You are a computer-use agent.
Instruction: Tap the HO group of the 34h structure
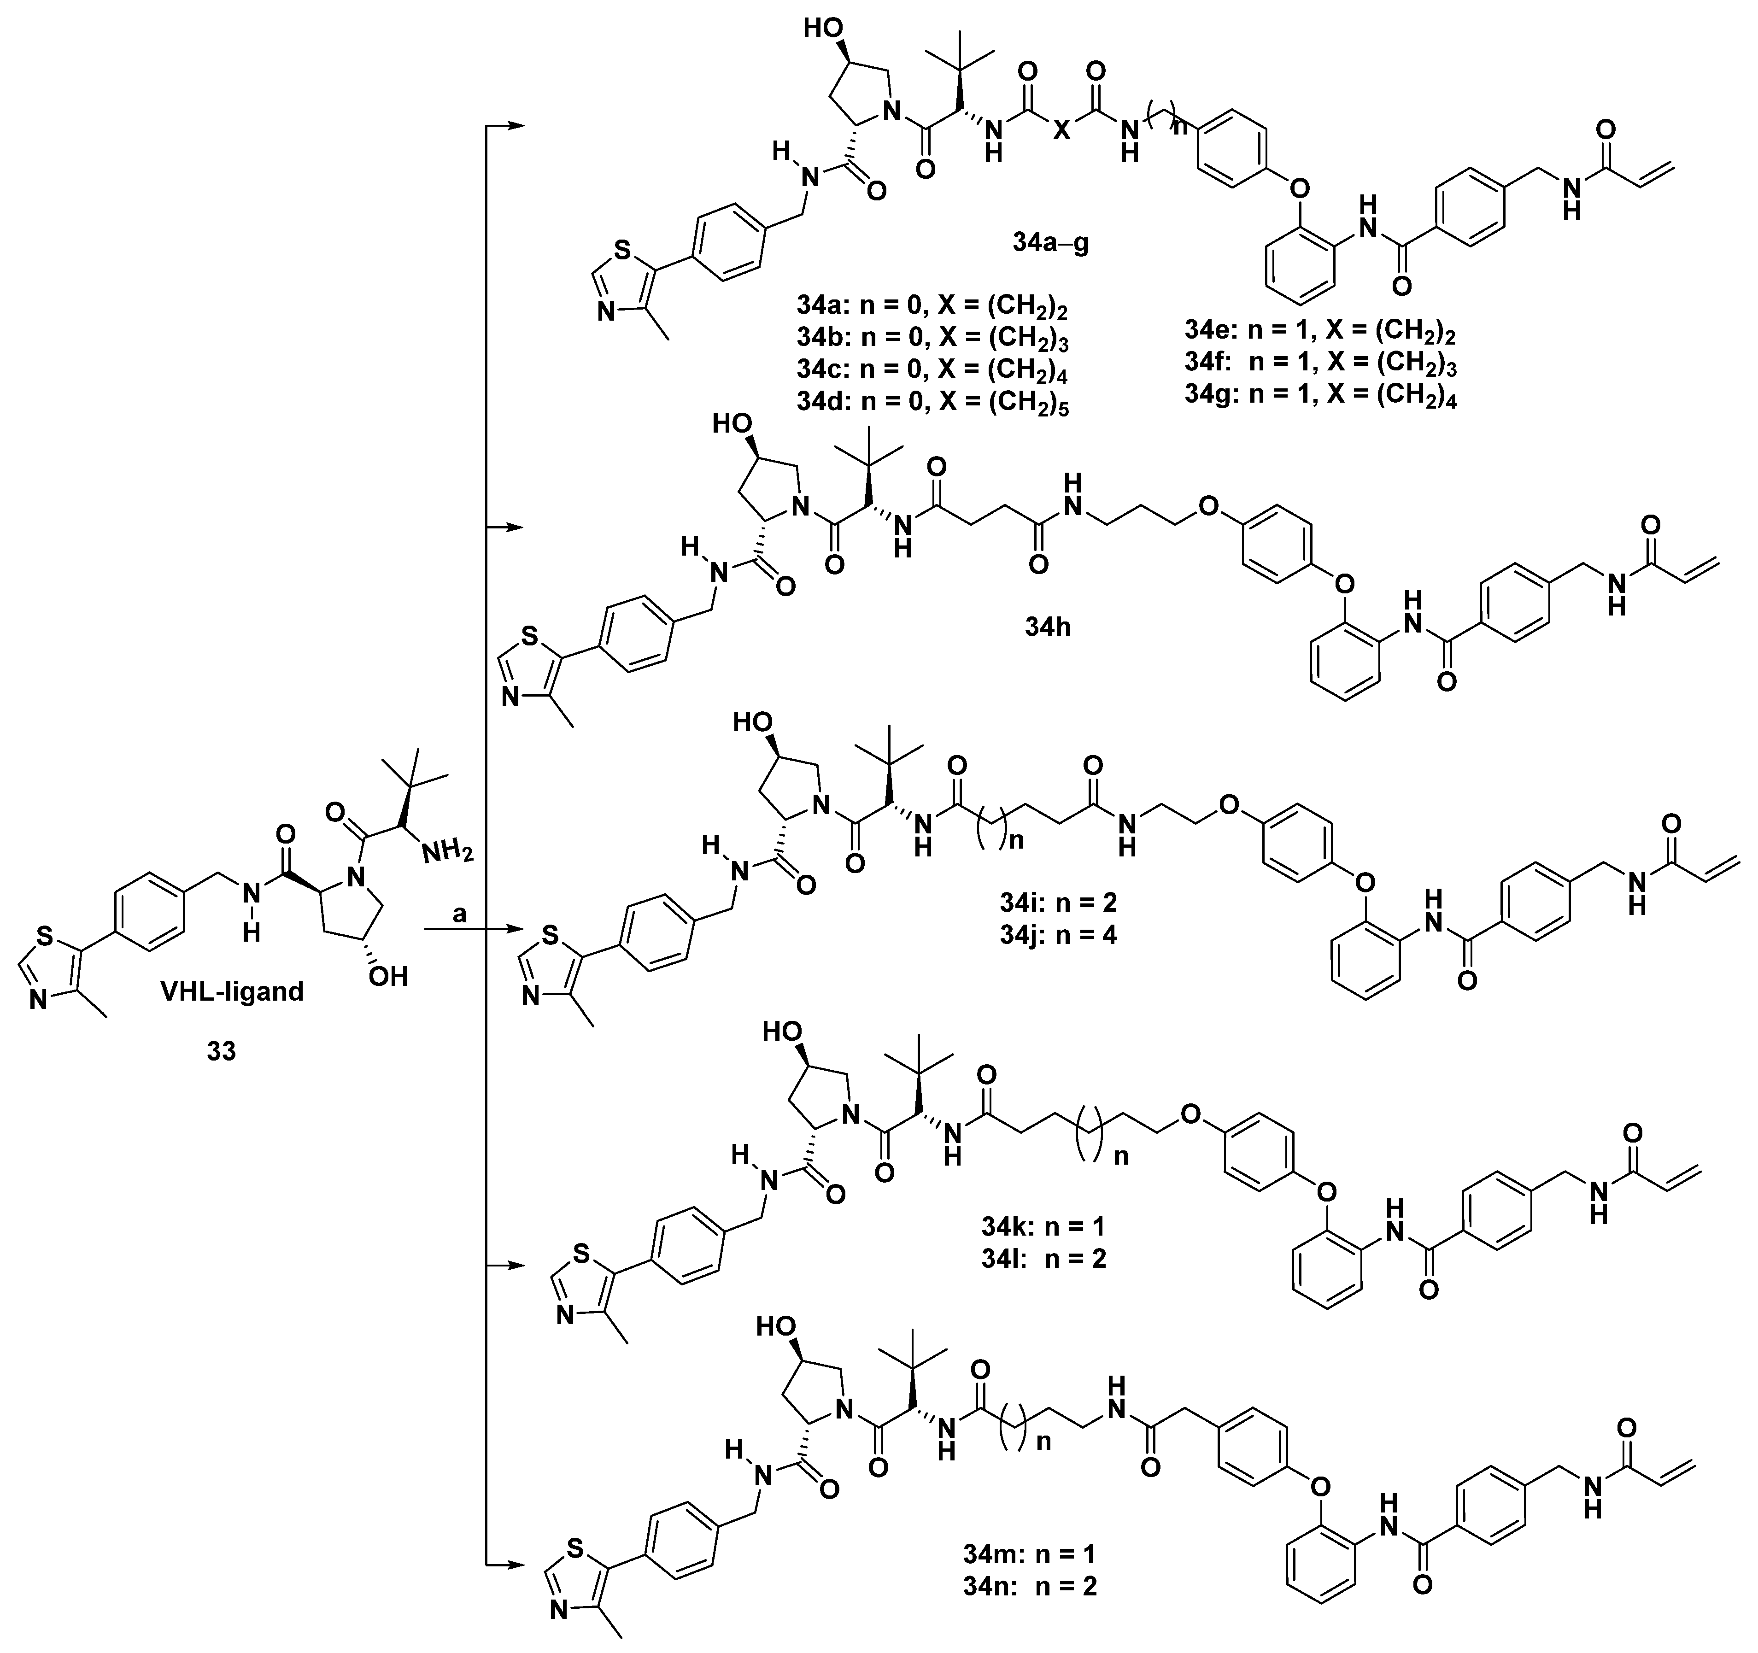tap(733, 424)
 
